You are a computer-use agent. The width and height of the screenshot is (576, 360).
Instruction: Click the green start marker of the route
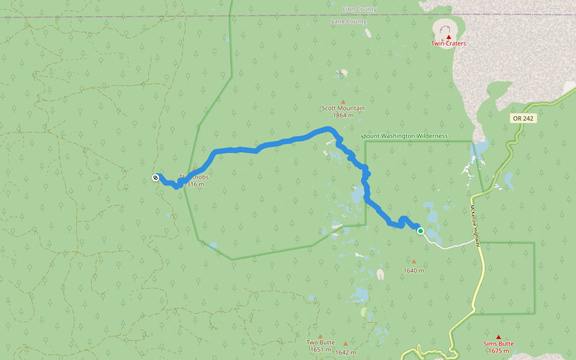421,231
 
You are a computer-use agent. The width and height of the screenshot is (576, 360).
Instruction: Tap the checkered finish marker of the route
156,178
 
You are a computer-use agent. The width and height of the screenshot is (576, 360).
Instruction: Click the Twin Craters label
448,43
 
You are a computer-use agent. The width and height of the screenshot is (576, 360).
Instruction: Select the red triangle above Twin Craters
448,37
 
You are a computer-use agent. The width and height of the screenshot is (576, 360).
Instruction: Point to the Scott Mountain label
343,109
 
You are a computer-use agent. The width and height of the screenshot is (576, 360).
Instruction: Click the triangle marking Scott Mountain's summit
343,101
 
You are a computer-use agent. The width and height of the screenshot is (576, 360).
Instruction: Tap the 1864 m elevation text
343,115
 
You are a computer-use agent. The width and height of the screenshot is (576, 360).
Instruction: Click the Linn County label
359,10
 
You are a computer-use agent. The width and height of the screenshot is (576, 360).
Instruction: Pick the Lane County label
349,22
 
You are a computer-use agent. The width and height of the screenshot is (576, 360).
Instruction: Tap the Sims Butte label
499,344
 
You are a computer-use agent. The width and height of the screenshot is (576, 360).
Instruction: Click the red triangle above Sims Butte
499,337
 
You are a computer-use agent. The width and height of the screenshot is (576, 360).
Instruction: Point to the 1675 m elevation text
499,351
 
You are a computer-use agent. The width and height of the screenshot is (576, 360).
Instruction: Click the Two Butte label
320,343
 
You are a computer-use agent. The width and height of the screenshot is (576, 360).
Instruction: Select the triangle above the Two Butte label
320,336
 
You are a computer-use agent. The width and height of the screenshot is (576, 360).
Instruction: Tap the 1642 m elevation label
346,352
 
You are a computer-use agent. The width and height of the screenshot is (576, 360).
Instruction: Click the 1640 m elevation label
413,271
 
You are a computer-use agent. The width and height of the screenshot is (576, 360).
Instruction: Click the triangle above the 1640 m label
413,262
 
